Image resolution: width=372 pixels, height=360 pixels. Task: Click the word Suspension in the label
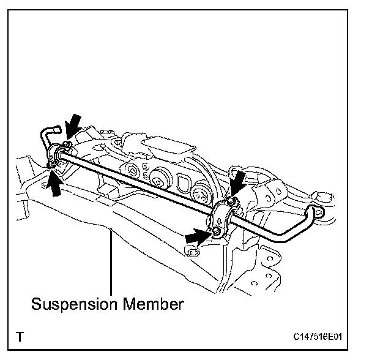tap(69, 303)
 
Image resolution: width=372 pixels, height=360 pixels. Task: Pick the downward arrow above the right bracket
tap(239, 181)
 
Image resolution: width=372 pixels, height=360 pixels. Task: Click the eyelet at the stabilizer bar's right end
tap(316, 212)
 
